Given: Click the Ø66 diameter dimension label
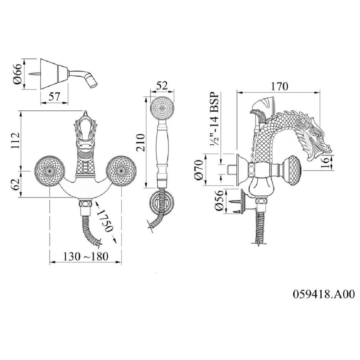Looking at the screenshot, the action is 18,74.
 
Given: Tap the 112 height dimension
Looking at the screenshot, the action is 15,140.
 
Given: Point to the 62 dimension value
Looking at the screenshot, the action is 15,184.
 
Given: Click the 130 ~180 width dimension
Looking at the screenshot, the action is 86,256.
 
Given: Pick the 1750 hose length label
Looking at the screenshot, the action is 105,221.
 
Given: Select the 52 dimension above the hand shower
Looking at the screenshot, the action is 162,86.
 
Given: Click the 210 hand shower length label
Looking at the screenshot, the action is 140,142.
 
